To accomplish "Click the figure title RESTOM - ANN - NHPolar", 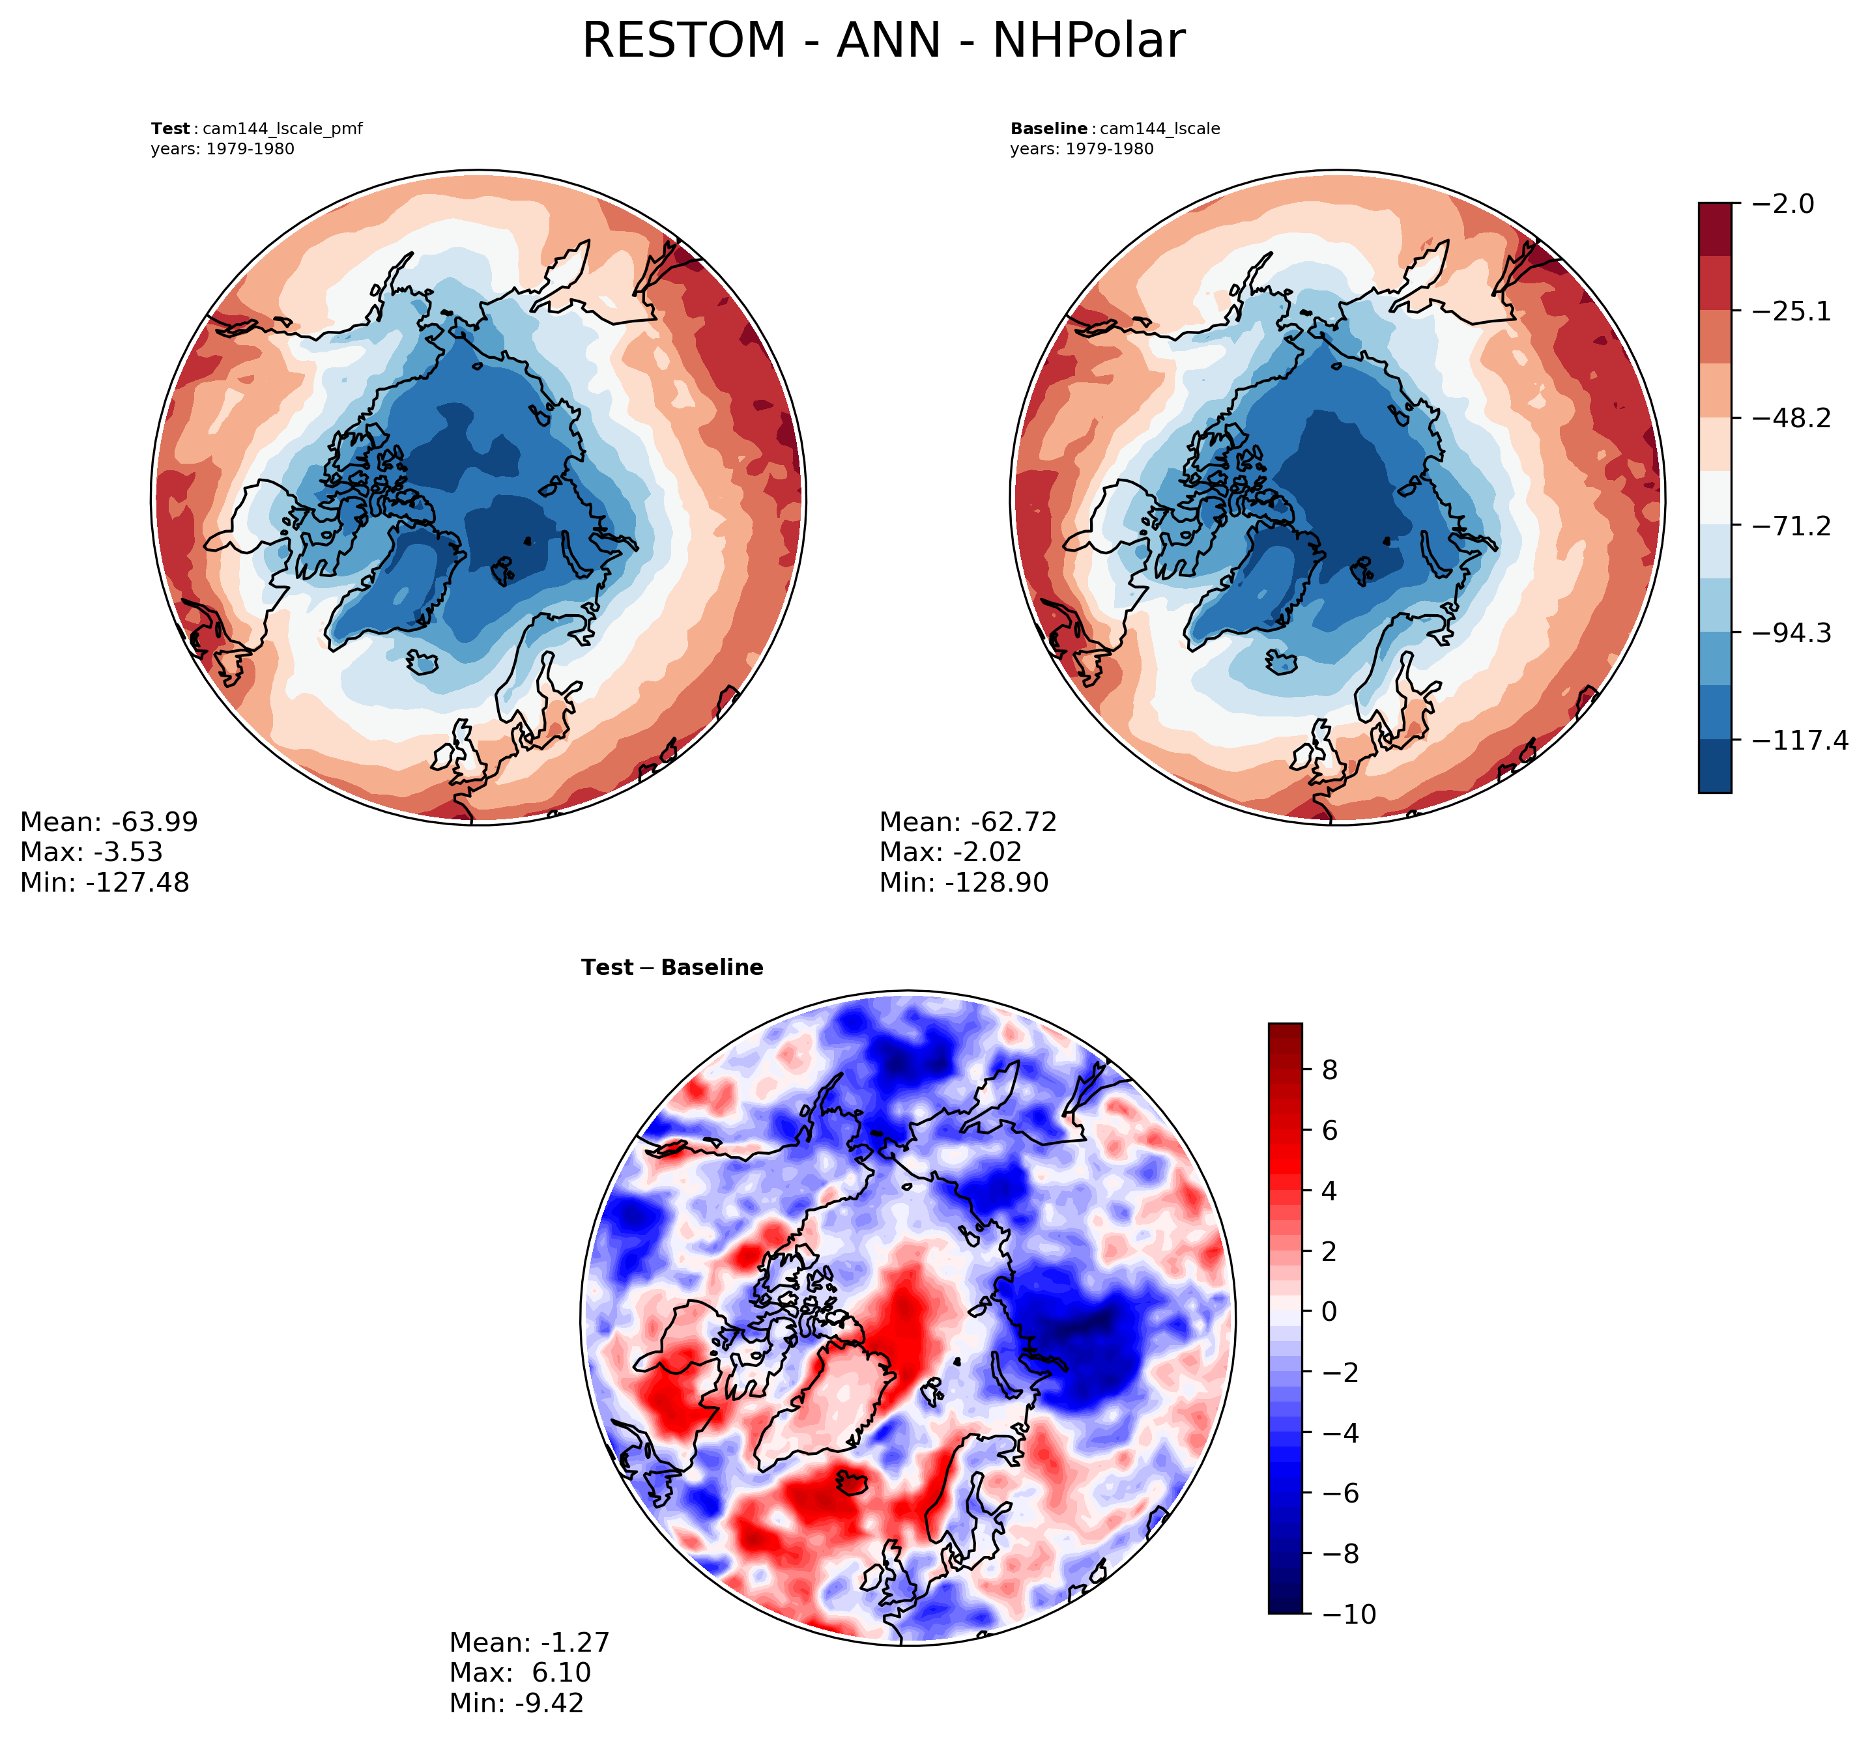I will pyautogui.click(x=883, y=42).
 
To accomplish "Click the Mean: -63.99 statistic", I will pyautogui.click(x=109, y=823).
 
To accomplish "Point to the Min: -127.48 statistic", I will pyautogui.click(x=104, y=883).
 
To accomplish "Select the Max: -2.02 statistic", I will pyautogui.click(x=951, y=853).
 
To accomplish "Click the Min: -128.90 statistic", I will pyautogui.click(x=964, y=883).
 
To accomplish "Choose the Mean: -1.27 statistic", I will pyautogui.click(x=529, y=1642).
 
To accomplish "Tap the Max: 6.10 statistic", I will pyautogui.click(x=520, y=1672).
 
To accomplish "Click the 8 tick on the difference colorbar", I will pyautogui.click(x=1329, y=1071).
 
